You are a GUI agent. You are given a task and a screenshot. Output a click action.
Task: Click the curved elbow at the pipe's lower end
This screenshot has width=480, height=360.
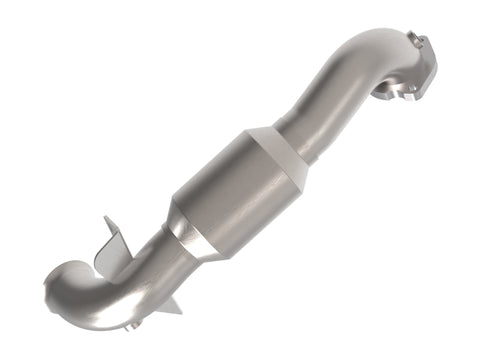(80, 290)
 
